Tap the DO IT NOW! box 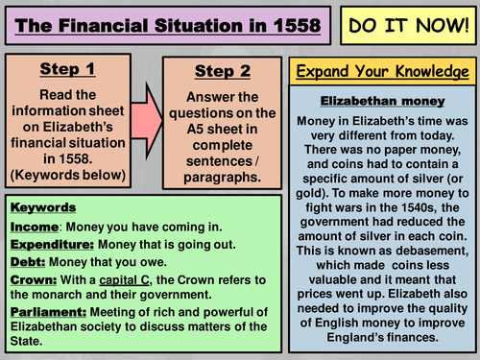coord(407,24)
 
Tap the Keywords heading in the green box coord(45,206)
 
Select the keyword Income coord(34,226)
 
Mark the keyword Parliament coord(48,314)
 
